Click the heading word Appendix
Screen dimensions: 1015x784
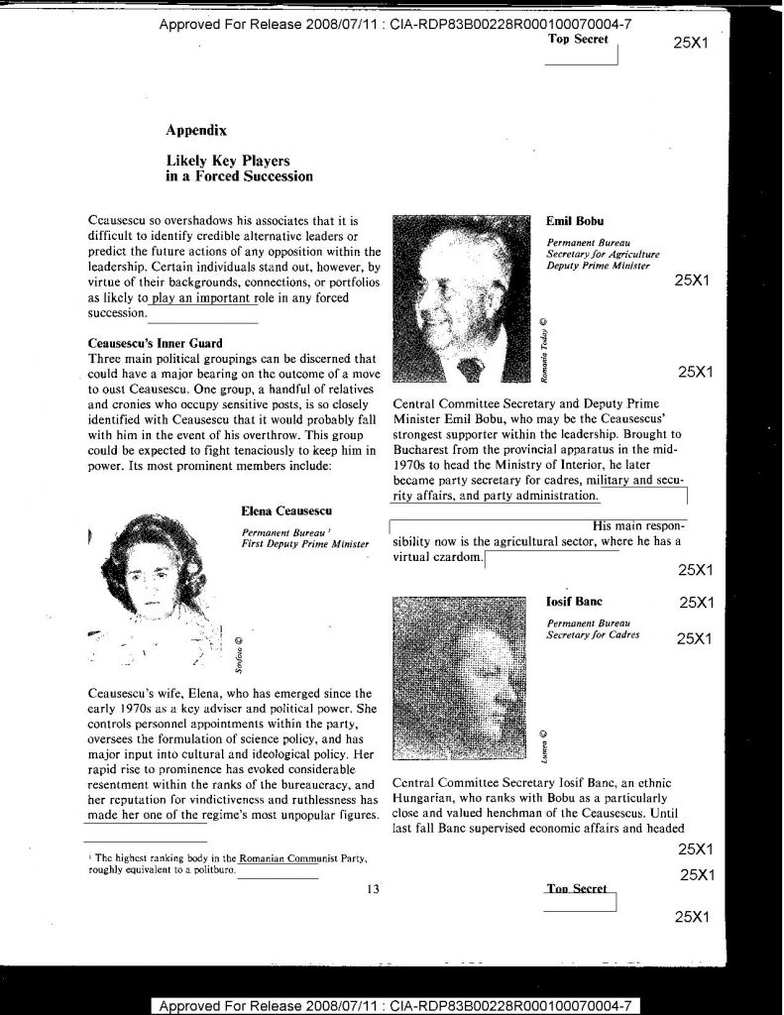196,129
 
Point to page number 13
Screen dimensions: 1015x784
373,888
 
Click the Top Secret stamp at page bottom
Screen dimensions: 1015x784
577,889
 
